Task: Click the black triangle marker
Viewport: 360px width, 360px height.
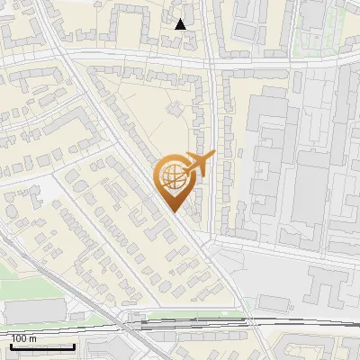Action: tap(181, 24)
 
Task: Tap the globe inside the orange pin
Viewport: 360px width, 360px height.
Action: tap(175, 177)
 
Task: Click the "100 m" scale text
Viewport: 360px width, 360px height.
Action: tap(23, 338)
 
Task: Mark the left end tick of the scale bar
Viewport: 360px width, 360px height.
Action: tap(11, 346)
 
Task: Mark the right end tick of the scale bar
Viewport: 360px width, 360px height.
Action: tap(75, 346)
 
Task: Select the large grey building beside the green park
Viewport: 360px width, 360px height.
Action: tap(36, 311)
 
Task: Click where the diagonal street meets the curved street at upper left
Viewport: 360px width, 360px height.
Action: tap(67, 64)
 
